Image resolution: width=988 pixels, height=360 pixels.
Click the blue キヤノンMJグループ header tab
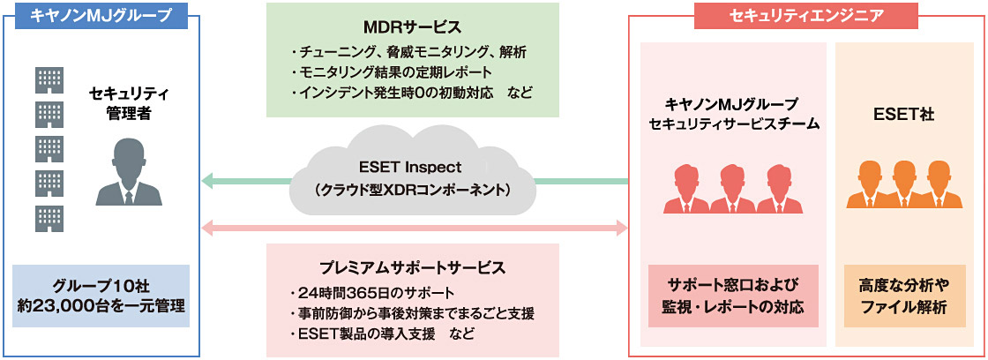click(101, 15)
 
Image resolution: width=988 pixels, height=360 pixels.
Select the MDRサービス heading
click(412, 26)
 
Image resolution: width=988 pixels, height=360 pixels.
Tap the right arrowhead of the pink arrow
click(620, 229)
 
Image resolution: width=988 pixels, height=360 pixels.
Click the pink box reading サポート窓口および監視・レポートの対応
click(733, 296)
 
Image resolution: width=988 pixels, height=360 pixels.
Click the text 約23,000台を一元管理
click(101, 306)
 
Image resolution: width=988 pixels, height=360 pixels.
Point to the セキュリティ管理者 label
click(129, 103)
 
